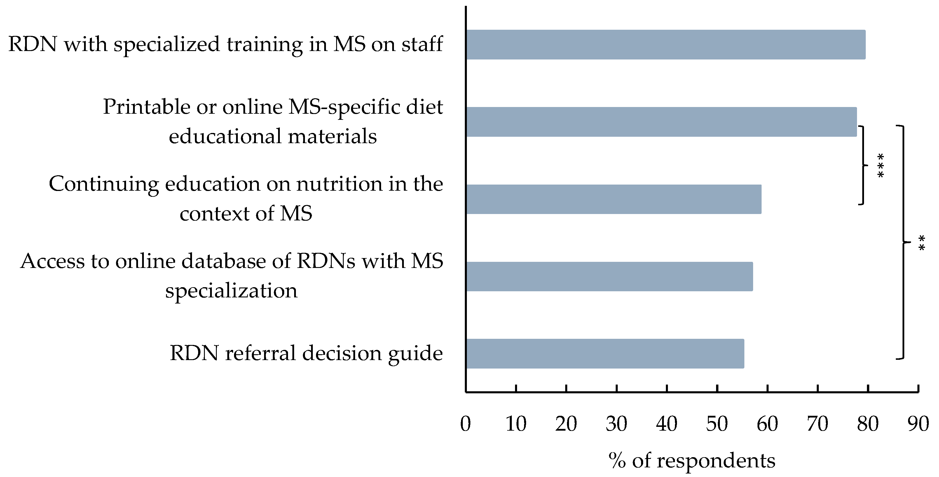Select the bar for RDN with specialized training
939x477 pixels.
coord(665,44)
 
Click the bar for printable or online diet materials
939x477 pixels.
coord(661,122)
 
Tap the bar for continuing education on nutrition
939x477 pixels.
coord(613,199)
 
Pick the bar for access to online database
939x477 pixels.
coord(609,276)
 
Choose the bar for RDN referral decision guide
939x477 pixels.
coord(605,354)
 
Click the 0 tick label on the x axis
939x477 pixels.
coord(465,424)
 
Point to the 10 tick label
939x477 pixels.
coord(516,424)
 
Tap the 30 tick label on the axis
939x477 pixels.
coord(616,424)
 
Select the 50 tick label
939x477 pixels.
coord(717,424)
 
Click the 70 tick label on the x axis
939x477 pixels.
coord(818,424)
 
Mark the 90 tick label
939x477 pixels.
coord(918,424)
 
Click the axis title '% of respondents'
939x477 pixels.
coord(692,461)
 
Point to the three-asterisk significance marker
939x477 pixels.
coord(881,166)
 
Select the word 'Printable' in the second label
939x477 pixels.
coord(146,107)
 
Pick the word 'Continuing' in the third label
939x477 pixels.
coord(104,184)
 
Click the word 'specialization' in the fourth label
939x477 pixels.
coord(231,291)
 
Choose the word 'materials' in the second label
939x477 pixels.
coord(332,136)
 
